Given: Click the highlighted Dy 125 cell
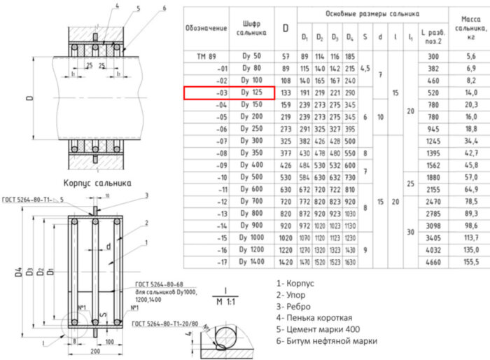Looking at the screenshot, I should [x=251, y=92].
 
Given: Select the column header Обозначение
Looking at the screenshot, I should [x=206, y=28].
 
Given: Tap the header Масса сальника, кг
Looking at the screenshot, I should [x=470, y=27].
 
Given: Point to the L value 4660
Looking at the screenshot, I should [x=433, y=262].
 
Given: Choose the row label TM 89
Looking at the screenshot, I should [x=207, y=56].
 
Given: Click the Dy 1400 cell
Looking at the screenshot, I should [x=251, y=262].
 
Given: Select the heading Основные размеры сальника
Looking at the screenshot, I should [x=372, y=14].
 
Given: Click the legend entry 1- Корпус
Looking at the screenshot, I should [x=296, y=283].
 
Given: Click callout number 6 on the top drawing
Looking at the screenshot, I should [x=163, y=8].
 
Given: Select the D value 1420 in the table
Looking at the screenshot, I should [x=285, y=262].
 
